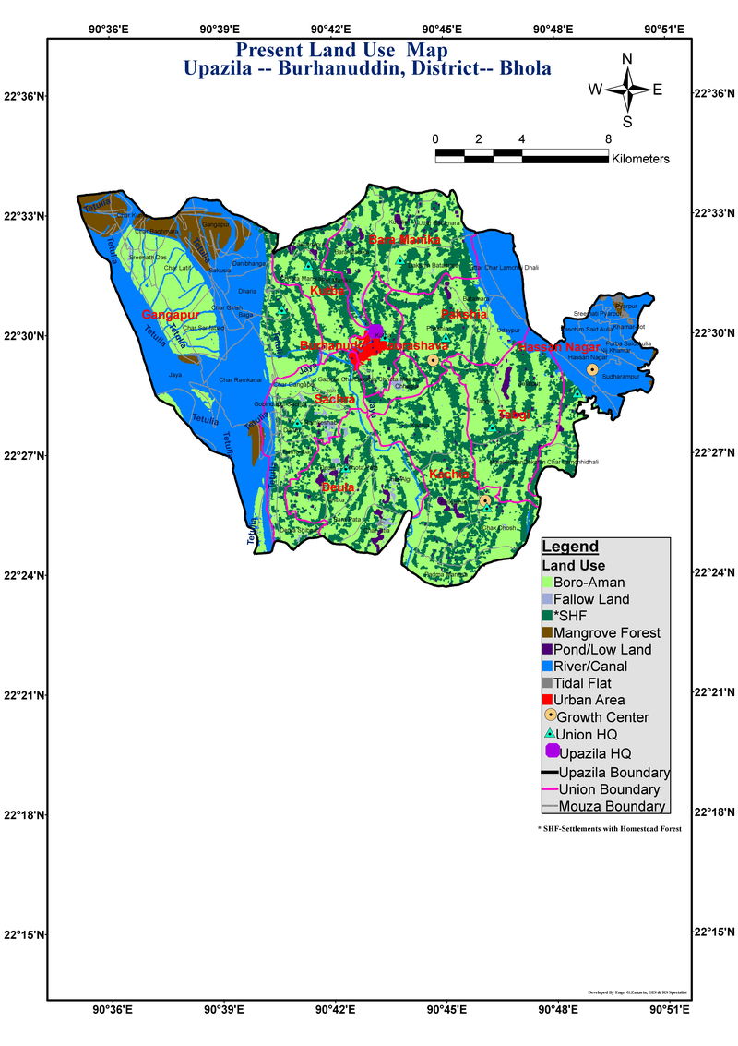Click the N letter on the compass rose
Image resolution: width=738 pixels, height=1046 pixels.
pos(627,58)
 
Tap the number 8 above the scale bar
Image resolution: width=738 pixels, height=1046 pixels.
pos(608,139)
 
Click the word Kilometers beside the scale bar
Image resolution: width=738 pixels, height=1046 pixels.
pos(640,159)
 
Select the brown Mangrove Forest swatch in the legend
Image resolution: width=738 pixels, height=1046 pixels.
pos(547,633)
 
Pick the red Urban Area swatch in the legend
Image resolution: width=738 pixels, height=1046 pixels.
pos(547,700)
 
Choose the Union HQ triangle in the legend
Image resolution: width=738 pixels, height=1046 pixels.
pos(548,733)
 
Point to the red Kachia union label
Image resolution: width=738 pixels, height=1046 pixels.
pos(450,475)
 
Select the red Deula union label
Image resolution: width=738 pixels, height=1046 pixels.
pos(338,487)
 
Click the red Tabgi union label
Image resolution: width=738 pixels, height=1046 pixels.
pos(514,415)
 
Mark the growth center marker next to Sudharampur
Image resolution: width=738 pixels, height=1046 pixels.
pos(592,369)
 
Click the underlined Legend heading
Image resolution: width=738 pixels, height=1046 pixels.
pos(569,547)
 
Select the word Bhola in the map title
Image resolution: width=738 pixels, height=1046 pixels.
pos(525,68)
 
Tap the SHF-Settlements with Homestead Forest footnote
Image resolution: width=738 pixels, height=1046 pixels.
pos(609,829)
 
